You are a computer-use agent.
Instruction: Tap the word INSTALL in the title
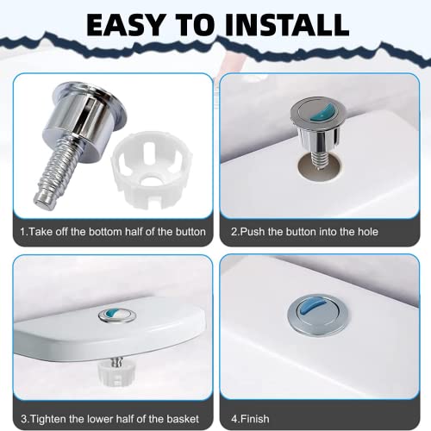coord(287,25)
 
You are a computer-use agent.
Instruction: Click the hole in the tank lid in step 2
coord(320,166)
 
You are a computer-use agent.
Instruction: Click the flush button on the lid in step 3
coord(117,315)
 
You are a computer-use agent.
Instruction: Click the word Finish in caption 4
coord(255,419)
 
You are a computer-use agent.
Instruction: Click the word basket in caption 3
coord(183,419)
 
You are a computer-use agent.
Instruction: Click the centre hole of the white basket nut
coord(151,180)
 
